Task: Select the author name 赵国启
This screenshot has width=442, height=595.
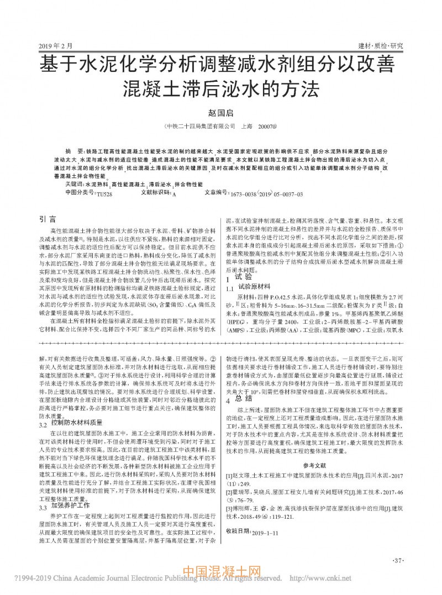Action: [x=220, y=112]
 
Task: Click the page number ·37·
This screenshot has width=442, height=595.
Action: [x=397, y=561]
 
